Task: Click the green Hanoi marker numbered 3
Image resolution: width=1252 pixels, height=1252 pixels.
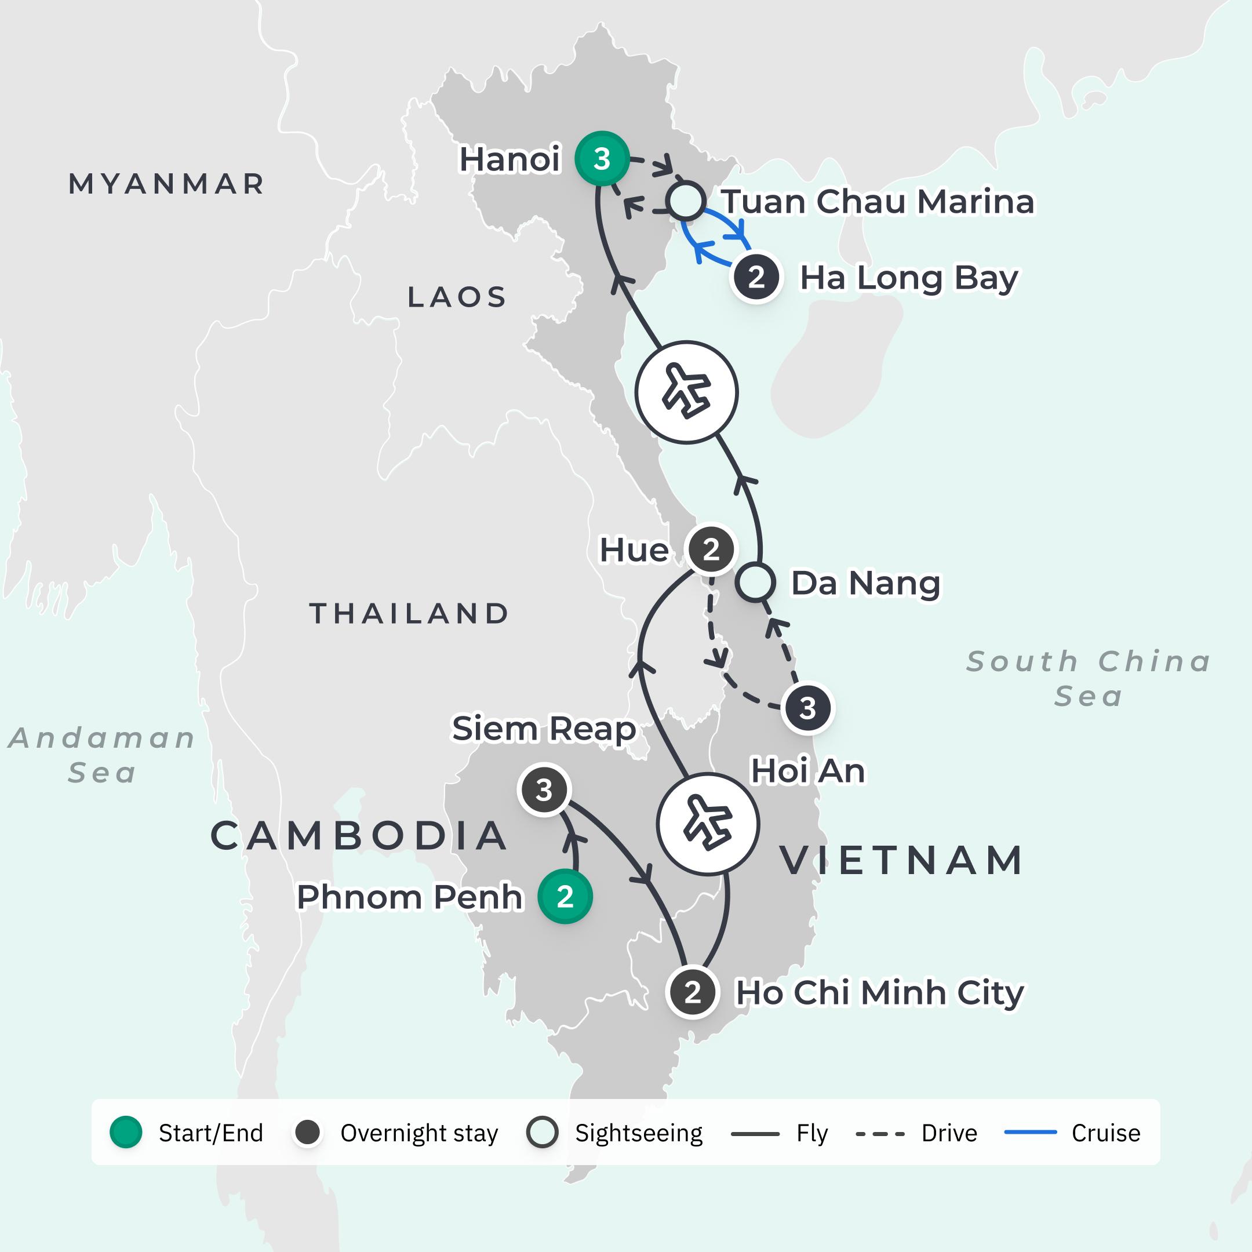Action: (602, 159)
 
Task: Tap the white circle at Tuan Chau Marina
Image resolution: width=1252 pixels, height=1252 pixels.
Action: (686, 201)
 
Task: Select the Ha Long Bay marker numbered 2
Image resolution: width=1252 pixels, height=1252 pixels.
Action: (756, 278)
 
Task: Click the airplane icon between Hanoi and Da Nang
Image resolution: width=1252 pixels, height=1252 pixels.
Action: (686, 392)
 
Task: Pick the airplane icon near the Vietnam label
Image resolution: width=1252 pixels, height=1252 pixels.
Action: (708, 824)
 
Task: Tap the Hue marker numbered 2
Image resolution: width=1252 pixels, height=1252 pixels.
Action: (711, 549)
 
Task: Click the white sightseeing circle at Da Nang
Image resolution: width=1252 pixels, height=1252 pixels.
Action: (755, 582)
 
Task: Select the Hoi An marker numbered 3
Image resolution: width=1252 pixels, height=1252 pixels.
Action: (807, 708)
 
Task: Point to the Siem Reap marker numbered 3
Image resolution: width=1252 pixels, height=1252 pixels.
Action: (544, 790)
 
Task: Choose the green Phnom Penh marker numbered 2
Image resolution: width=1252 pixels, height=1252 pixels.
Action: (565, 897)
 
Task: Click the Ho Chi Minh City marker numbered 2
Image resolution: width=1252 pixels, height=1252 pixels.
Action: (693, 993)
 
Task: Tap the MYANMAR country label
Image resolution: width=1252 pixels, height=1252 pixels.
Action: (166, 184)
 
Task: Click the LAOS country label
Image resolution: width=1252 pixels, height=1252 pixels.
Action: (457, 297)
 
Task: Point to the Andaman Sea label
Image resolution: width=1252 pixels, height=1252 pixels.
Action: (102, 755)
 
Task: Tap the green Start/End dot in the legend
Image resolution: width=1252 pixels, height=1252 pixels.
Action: (126, 1133)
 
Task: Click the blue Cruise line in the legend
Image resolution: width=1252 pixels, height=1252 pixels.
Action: (1031, 1133)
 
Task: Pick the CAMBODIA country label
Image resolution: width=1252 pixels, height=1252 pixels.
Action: (359, 836)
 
